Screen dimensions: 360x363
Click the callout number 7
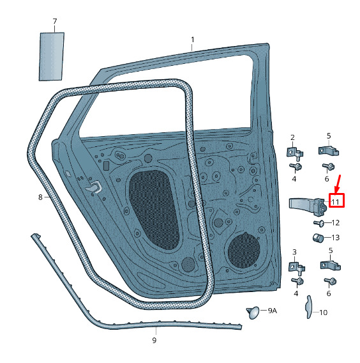[x=55, y=22]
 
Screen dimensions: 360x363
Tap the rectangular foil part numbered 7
[x=51, y=57]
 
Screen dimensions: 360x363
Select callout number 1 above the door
[x=193, y=40]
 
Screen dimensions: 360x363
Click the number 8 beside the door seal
[x=40, y=197]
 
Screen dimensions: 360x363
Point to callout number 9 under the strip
[x=154, y=340]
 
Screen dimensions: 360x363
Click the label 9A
[x=273, y=311]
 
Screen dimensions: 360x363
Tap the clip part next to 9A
[x=253, y=313]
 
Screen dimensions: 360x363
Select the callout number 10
[x=323, y=313]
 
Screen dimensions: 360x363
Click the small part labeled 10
[x=309, y=307]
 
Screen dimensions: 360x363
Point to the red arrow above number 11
[x=338, y=184]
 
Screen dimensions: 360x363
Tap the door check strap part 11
[x=308, y=206]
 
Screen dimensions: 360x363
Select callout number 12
[x=336, y=222]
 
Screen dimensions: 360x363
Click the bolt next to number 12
[x=318, y=224]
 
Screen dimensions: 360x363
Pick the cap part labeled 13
[x=318, y=238]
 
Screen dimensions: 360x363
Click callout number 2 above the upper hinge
[x=292, y=137]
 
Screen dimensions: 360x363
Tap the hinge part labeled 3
[x=297, y=267]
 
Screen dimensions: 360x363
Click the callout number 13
[x=336, y=238]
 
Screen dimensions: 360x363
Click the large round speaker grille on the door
[x=244, y=251]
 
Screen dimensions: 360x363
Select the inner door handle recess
[x=94, y=187]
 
